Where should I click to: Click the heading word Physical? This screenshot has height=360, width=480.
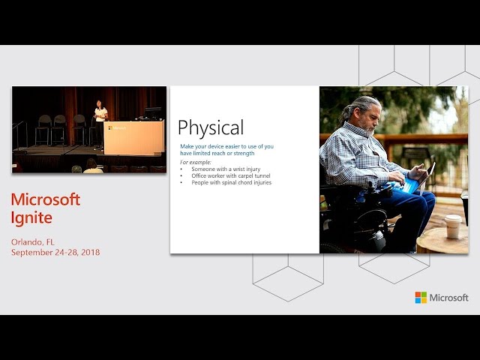pyautogui.click(x=211, y=127)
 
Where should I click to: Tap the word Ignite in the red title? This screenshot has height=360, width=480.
pyautogui.click(x=31, y=218)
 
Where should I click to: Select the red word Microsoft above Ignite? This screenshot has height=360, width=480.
pyautogui.click(x=46, y=199)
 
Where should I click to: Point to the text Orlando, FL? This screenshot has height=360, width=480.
pyautogui.click(x=33, y=242)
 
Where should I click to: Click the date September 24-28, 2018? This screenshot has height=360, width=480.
pyautogui.click(x=55, y=252)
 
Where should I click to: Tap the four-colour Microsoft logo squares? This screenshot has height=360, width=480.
pyautogui.click(x=421, y=298)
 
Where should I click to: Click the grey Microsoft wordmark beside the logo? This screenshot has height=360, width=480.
pyautogui.click(x=448, y=298)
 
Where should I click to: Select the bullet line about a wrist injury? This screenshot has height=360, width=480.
pyautogui.click(x=226, y=169)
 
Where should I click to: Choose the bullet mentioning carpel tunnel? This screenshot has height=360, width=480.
pyautogui.click(x=231, y=175)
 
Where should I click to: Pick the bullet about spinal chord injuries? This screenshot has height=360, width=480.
pyautogui.click(x=232, y=182)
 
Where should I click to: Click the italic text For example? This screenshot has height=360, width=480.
pyautogui.click(x=196, y=162)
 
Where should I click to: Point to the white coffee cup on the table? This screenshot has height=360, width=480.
pyautogui.click(x=453, y=226)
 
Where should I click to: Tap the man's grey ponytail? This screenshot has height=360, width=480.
pyautogui.click(x=346, y=112)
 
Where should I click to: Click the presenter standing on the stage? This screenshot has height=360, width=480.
pyautogui.click(x=100, y=124)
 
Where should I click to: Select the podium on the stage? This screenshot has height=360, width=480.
pyautogui.click(x=133, y=137)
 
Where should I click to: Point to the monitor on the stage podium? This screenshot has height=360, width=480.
pyautogui.click(x=153, y=112)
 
